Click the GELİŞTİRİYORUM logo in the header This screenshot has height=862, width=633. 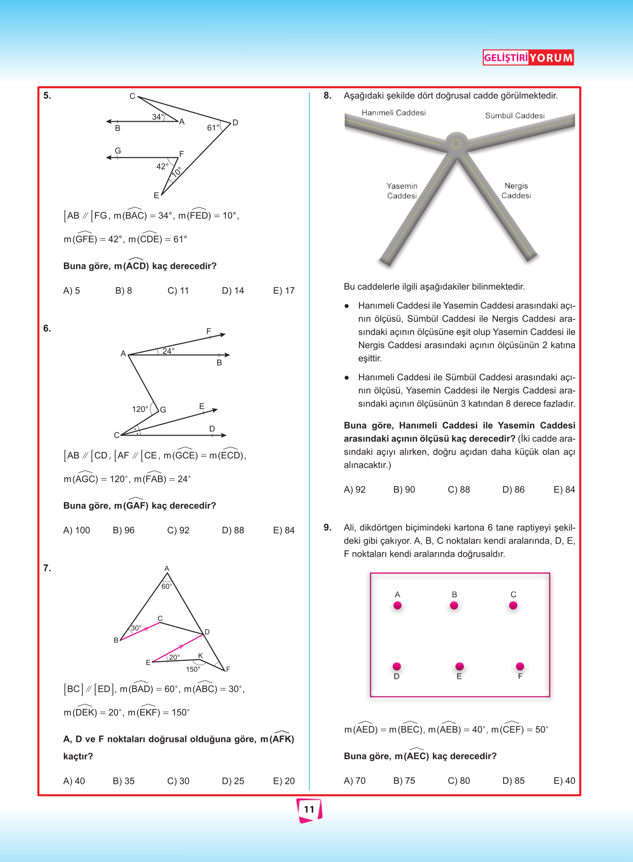[x=528, y=58]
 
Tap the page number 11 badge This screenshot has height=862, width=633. [x=309, y=809]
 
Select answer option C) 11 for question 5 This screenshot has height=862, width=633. [x=178, y=291]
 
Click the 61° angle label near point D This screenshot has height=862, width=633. [x=213, y=128]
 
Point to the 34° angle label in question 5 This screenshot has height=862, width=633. [x=158, y=117]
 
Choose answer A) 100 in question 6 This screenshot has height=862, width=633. [x=77, y=530]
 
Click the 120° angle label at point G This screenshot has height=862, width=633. [x=140, y=409]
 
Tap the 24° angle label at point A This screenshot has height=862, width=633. [x=169, y=351]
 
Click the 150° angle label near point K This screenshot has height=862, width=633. [x=193, y=669]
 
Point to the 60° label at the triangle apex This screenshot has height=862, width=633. [x=166, y=587]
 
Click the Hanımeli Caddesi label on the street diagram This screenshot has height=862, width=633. [x=393, y=113]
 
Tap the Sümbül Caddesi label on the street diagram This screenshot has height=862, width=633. [x=515, y=116]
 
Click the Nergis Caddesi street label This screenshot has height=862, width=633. [x=516, y=191]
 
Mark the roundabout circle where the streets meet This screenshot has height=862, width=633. [x=456, y=143]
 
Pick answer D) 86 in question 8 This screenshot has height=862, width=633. [x=513, y=490]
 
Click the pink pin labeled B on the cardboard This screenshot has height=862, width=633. [x=454, y=605]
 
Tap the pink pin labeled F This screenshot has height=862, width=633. [x=520, y=666]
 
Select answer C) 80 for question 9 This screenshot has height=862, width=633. [x=459, y=781]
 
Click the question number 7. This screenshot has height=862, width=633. [x=47, y=568]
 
